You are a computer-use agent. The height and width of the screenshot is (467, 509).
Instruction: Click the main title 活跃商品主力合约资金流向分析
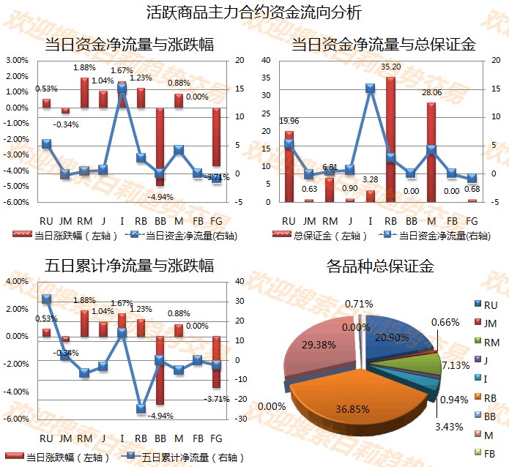(x=253, y=12)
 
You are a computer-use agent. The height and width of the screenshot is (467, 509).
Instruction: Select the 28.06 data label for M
(x=431, y=93)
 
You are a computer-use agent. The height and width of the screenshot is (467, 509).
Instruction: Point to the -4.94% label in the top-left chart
(x=159, y=197)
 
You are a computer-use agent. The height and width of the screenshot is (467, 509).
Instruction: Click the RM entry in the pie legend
(x=491, y=342)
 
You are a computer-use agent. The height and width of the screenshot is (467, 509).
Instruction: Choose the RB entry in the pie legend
(x=491, y=397)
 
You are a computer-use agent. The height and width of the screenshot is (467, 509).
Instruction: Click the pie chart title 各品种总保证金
(x=380, y=266)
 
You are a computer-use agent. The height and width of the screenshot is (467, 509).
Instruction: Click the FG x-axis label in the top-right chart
(x=472, y=220)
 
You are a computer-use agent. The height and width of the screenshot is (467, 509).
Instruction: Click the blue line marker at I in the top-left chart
(x=122, y=89)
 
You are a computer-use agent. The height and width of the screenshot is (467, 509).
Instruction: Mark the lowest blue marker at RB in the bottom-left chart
(x=141, y=408)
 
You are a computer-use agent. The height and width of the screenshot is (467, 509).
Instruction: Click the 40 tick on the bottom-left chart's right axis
(x=241, y=281)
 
